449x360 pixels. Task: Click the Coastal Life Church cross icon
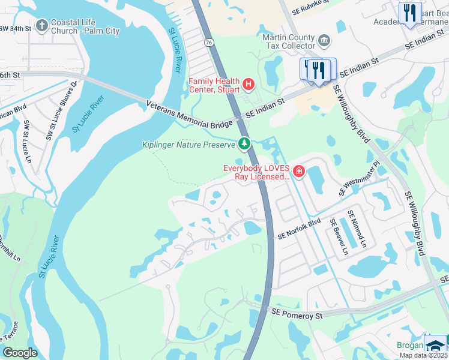(41, 25)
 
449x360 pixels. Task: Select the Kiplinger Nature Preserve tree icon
(244, 143)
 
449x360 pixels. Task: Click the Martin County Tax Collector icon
(324, 41)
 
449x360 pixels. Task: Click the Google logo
(20, 353)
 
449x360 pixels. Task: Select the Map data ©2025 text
(423, 355)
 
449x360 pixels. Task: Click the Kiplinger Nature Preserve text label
(188, 145)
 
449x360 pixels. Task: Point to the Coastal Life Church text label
(85, 26)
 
